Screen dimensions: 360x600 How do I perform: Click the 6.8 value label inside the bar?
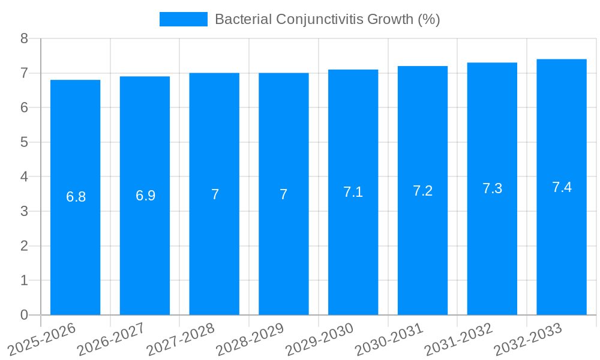point(76,197)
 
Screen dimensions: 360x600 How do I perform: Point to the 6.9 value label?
point(145,196)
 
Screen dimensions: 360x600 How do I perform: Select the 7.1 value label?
point(353,192)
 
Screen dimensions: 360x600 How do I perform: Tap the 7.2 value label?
point(422,191)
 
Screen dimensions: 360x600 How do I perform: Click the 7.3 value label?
point(492,188)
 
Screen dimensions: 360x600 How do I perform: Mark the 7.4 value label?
point(562,187)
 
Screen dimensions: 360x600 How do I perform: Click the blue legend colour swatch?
point(183,19)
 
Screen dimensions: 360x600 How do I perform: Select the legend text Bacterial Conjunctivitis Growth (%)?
point(327,19)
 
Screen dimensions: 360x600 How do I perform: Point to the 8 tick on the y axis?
point(24,38)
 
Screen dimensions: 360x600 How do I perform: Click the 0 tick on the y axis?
point(24,315)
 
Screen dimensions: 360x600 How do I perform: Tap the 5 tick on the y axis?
point(24,142)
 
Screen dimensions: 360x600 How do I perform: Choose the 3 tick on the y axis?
point(24,211)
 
